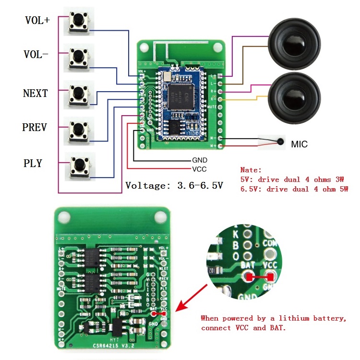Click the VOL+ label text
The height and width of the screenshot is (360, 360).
[x=37, y=21]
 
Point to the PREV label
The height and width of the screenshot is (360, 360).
[x=35, y=128]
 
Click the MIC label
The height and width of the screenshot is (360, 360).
[x=300, y=144]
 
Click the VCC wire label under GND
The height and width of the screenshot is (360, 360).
[x=200, y=168]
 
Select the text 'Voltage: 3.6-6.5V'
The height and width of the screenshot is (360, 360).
[x=174, y=185]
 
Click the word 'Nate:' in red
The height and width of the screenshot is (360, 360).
[x=251, y=170]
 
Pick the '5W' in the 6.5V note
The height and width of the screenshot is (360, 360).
[x=343, y=189]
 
